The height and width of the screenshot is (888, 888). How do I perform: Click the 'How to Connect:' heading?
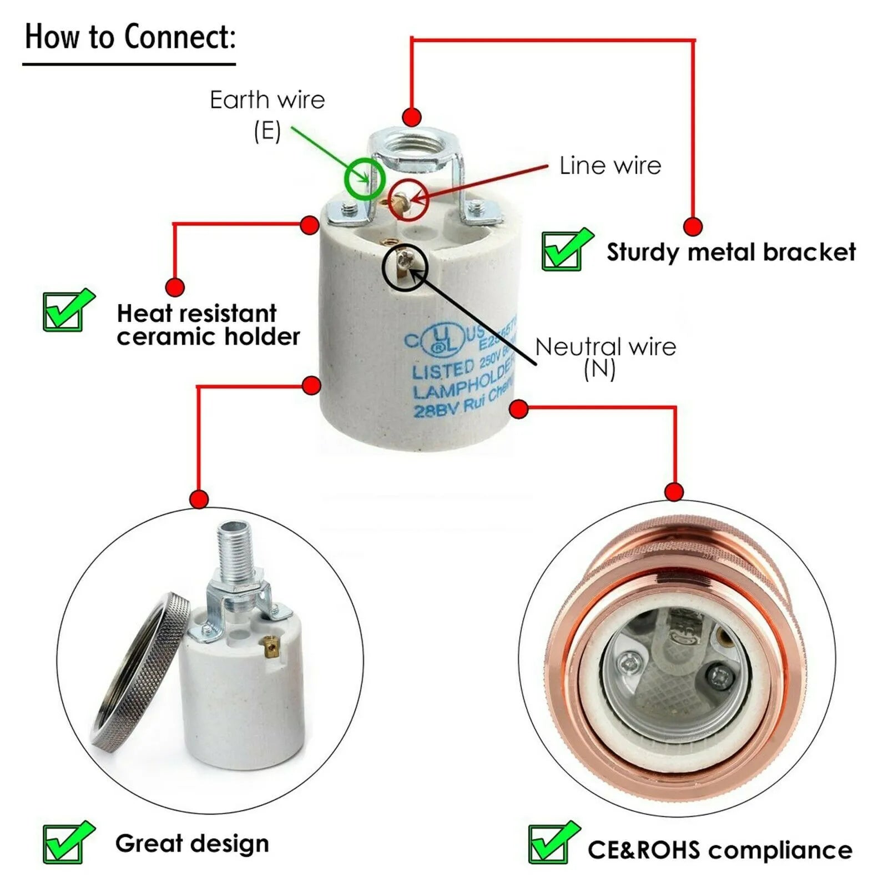130,38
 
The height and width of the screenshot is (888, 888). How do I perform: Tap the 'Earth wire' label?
267,100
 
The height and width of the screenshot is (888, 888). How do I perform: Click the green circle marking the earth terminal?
364,179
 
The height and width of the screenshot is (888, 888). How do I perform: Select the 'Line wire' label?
609,166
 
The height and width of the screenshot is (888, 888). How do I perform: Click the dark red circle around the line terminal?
408,200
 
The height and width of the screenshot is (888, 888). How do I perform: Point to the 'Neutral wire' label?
605,347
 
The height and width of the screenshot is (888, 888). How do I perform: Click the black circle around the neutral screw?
405,267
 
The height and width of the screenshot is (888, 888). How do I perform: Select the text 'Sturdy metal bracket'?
731,252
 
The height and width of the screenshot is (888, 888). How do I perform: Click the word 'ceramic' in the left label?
167,337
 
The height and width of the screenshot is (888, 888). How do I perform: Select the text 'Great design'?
192,844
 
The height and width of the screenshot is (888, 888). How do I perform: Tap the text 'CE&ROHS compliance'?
720,850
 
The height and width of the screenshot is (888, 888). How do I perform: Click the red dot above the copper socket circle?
674,492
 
